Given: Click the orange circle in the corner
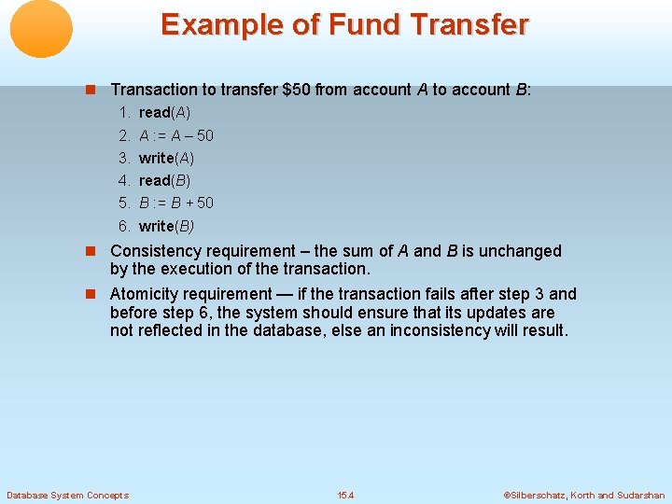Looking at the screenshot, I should pyautogui.click(x=41, y=29).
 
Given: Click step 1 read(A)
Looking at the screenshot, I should pyautogui.click(x=164, y=112).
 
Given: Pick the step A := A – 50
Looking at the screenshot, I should pyautogui.click(x=175, y=135).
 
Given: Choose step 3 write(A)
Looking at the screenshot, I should pyautogui.click(x=166, y=158).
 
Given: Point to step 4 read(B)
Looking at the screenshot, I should pyautogui.click(x=164, y=180).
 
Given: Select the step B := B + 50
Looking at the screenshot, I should pyautogui.click(x=175, y=203).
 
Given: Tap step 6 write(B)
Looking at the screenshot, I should pyautogui.click(x=166, y=226).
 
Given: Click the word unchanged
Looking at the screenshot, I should pyautogui.click(x=520, y=251).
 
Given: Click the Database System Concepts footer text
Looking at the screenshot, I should pyautogui.click(x=67, y=495).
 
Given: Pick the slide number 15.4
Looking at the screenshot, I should pyautogui.click(x=345, y=495).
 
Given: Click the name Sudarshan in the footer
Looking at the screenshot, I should pyautogui.click(x=641, y=495).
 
